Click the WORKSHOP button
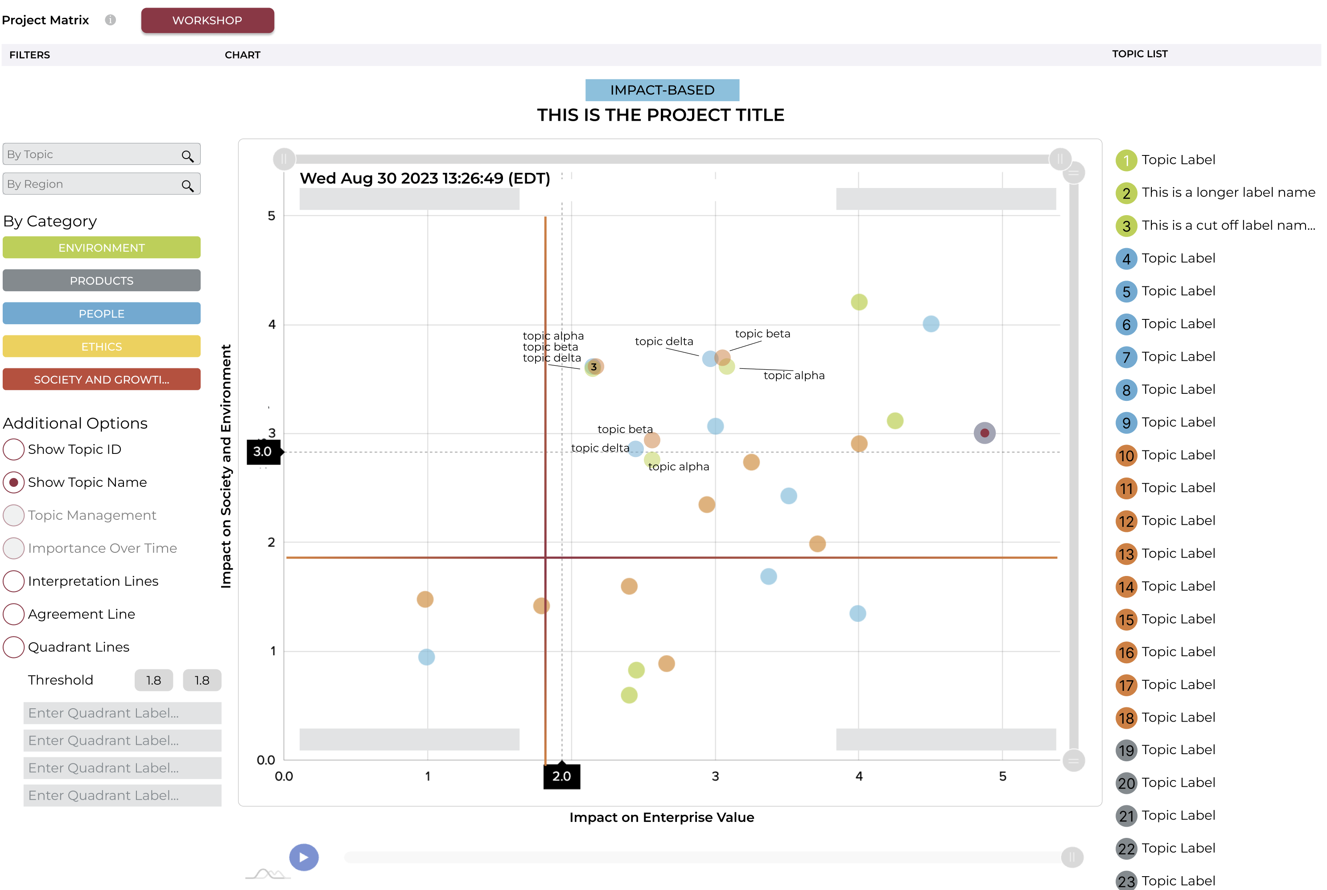[x=207, y=20]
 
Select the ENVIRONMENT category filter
[x=102, y=248]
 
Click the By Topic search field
[x=94, y=155]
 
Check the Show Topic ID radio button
[x=14, y=449]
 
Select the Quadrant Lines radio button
[x=14, y=647]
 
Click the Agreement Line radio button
[x=14, y=614]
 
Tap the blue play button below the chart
[x=304, y=857]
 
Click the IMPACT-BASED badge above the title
[x=662, y=90]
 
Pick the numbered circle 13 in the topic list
[x=1126, y=554]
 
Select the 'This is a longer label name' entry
[x=1228, y=193]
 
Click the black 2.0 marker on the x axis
[x=562, y=776]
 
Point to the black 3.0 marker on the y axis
[x=263, y=452]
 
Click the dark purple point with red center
[x=985, y=433]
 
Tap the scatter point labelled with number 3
[x=593, y=367]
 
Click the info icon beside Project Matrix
[x=111, y=20]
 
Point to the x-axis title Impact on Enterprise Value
[x=662, y=817]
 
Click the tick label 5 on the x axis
[x=1003, y=776]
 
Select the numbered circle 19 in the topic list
[x=1126, y=751]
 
